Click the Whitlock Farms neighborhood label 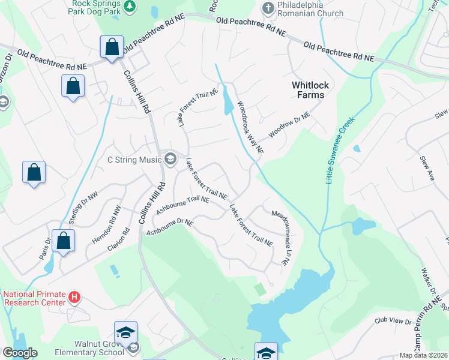(x=308, y=90)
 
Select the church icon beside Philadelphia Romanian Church (x=268, y=8)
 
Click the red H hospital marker (x=74, y=297)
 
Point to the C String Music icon (x=170, y=159)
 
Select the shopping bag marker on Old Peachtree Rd (x=112, y=46)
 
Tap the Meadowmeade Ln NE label (x=280, y=237)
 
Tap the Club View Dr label (x=393, y=322)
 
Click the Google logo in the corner (x=20, y=353)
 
